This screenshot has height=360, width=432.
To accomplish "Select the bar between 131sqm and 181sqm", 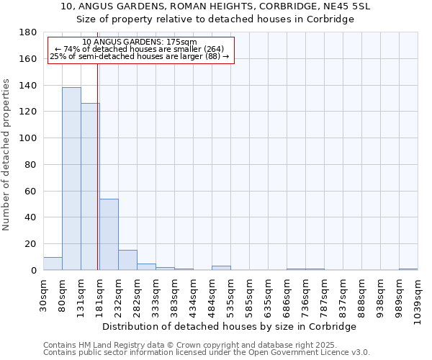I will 90,186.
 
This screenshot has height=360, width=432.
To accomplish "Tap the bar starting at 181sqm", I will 109,234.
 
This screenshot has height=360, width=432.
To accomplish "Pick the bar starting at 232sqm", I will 127,260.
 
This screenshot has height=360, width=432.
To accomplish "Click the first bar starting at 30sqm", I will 53,264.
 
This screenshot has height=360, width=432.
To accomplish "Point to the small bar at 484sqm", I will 221,268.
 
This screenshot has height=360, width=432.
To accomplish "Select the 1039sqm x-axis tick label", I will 418,299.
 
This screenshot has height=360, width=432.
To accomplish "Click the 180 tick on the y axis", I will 29,32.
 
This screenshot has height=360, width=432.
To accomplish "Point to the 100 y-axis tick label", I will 29,138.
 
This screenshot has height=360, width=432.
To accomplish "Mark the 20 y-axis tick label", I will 32,244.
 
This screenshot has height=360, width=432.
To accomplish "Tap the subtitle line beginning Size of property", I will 215,19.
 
